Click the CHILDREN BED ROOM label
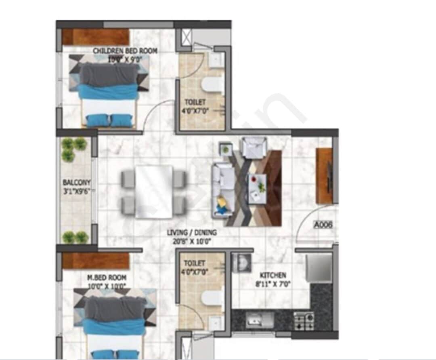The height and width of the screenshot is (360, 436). (125, 51)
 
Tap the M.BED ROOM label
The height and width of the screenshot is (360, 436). (107, 278)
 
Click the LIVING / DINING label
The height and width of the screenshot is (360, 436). (192, 233)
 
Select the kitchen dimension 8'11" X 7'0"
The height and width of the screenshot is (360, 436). (273, 284)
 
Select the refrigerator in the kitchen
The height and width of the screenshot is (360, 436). (319, 268)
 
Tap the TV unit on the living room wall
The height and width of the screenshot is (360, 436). (324, 176)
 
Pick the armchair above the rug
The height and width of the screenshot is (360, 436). (253, 147)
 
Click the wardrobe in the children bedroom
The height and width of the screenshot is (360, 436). (95, 37)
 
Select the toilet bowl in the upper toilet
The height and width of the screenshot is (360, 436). (212, 86)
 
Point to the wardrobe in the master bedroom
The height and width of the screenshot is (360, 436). (96, 261)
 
